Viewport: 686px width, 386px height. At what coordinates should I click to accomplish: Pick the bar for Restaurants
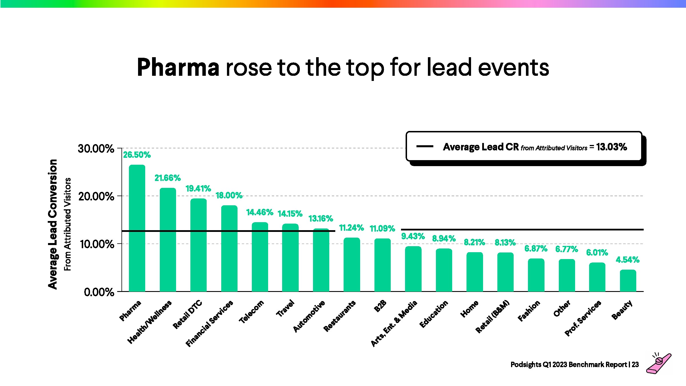coord(352,264)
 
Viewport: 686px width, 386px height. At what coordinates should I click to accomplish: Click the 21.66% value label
coord(167,178)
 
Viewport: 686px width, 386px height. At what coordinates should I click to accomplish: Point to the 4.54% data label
coord(627,260)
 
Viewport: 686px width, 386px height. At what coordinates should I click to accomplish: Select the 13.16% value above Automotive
coord(321,218)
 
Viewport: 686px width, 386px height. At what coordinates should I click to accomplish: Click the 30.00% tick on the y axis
coord(96,148)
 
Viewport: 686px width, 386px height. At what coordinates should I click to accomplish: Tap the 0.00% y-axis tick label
coord(99,292)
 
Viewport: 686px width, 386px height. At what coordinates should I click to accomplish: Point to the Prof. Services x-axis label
coord(583,318)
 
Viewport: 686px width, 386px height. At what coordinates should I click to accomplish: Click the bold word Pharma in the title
coord(178,67)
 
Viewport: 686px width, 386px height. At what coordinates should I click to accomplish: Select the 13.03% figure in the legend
coord(611,147)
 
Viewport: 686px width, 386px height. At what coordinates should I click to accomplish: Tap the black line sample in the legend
coord(425,146)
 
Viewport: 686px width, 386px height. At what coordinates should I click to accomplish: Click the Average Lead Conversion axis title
coord(53,224)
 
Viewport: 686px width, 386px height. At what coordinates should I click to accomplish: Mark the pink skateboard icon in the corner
coord(659,363)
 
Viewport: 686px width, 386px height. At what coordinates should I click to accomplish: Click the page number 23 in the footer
coord(635,365)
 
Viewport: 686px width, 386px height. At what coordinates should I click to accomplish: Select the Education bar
coord(444,270)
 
